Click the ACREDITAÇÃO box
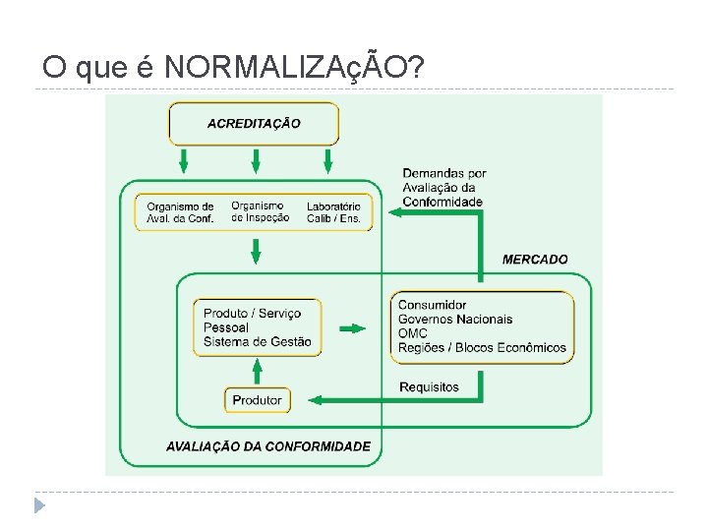tap(254, 124)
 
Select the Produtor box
tap(257, 400)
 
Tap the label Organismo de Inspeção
tap(261, 211)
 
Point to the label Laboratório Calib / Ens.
tap(333, 212)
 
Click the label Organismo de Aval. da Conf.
tap(180, 212)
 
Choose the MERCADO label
tap(535, 260)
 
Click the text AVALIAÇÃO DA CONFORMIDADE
tap(268, 446)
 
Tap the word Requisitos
tap(429, 387)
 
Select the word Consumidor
tap(432, 306)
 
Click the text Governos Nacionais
tap(455, 320)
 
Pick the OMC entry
tap(413, 333)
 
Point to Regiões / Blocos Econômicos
tap(482, 347)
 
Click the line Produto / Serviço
tap(252, 314)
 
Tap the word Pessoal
tap(226, 327)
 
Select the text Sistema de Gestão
tap(257, 341)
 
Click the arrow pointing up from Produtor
tap(257, 371)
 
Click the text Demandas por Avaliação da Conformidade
tap(443, 188)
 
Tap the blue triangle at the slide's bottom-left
tap(39, 506)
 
